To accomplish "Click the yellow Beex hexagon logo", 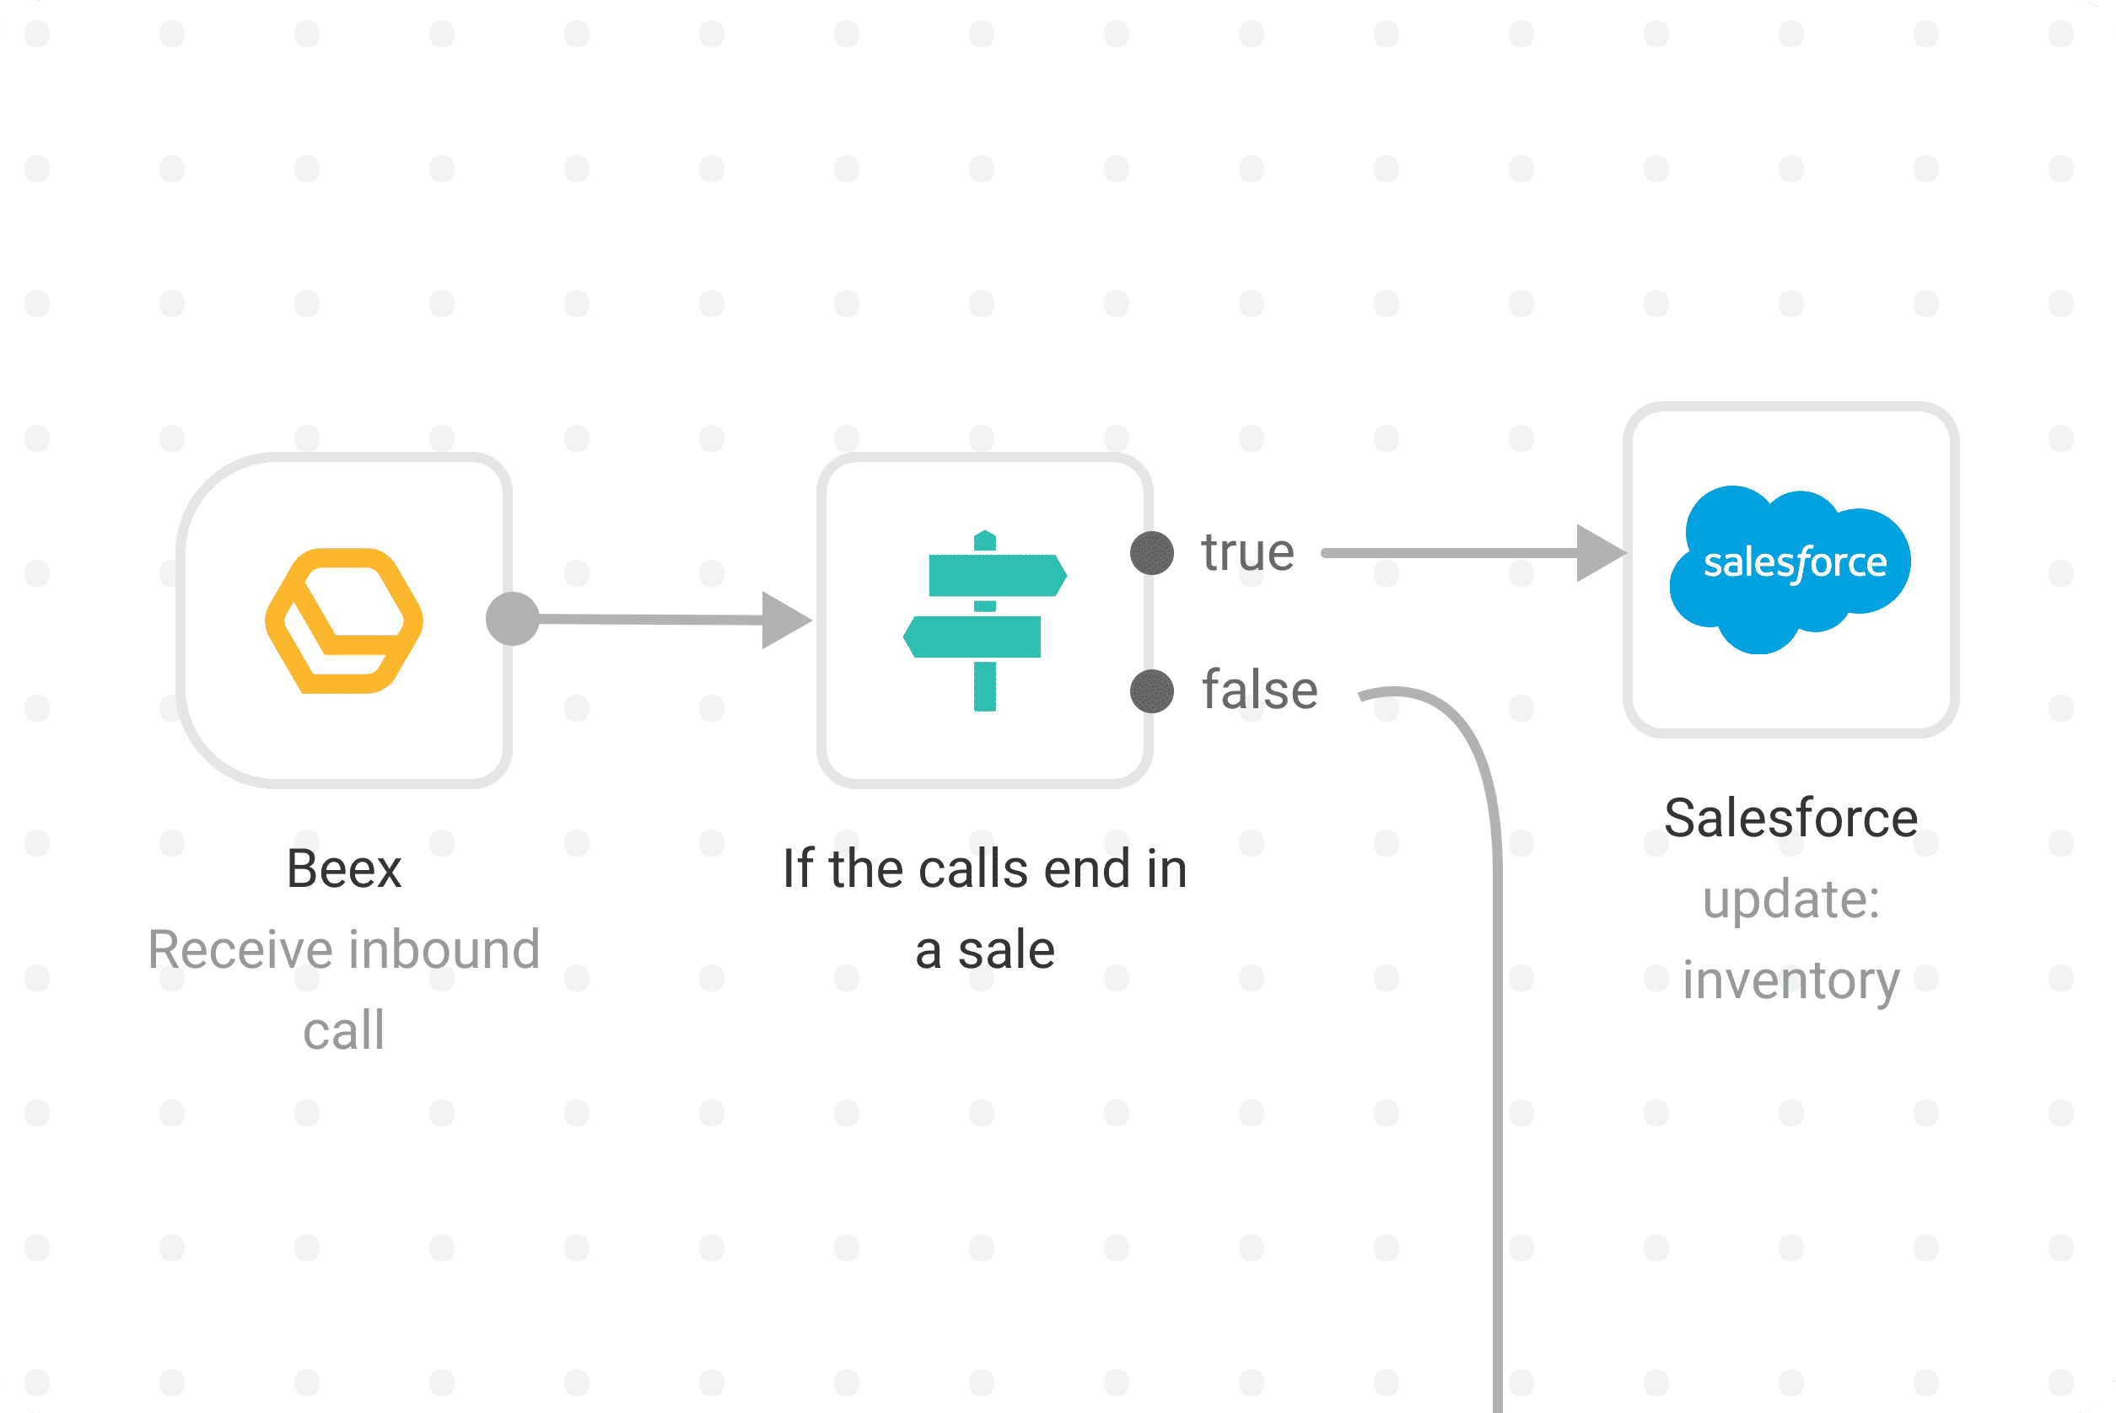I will coord(344,620).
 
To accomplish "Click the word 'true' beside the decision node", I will coord(1247,551).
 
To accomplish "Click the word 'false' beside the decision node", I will coord(1260,690).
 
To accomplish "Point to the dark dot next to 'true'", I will coord(1152,553).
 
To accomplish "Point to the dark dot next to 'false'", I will coord(1152,692).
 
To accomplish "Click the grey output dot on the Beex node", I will coord(512,619).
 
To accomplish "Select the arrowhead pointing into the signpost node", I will coord(785,620).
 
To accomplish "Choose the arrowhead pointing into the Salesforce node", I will coord(1600,553).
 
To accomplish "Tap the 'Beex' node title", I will coord(344,868).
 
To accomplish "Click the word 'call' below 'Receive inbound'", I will coord(344,1030).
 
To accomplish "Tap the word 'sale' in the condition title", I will coord(1006,950).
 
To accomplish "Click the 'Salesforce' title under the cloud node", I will coord(1790,819).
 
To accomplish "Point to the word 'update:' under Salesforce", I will coord(1790,900).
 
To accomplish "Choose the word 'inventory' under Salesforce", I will coord(1790,981).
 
